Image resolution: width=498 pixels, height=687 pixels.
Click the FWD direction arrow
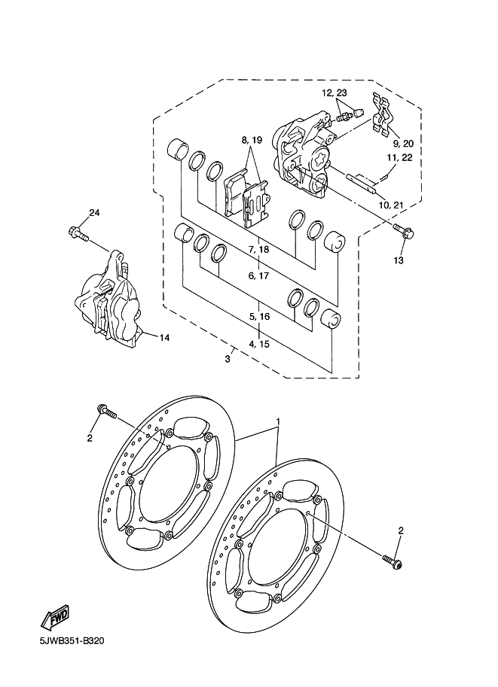[54, 618]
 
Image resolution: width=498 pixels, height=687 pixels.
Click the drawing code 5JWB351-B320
[72, 641]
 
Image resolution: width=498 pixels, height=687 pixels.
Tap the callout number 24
[94, 213]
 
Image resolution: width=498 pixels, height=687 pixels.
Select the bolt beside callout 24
[79, 233]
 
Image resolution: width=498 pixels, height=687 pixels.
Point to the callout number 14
[164, 338]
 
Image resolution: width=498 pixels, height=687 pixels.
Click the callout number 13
[399, 260]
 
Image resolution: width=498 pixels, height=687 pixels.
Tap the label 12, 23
[335, 93]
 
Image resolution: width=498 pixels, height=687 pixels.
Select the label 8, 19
[252, 140]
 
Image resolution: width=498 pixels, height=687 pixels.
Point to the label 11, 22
[399, 157]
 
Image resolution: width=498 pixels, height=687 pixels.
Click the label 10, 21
[390, 205]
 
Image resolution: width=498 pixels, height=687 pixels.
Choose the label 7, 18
[258, 249]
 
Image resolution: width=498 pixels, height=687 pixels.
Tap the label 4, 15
[259, 344]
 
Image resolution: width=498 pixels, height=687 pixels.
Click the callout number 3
[228, 359]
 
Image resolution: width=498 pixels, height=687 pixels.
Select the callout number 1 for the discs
[278, 421]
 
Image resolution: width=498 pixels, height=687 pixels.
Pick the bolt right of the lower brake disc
[393, 562]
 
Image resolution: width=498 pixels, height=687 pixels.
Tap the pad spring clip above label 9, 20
[381, 113]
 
